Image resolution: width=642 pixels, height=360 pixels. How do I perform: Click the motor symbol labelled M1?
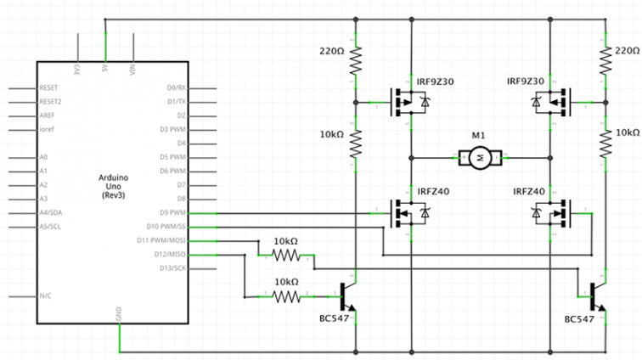click(481, 157)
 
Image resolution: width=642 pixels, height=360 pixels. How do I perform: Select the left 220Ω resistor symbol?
click(357, 59)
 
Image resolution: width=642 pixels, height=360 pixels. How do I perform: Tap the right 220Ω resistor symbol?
click(605, 59)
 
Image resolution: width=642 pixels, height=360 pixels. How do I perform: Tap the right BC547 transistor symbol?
click(597, 297)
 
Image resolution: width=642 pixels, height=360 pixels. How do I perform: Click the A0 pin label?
click(43, 158)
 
